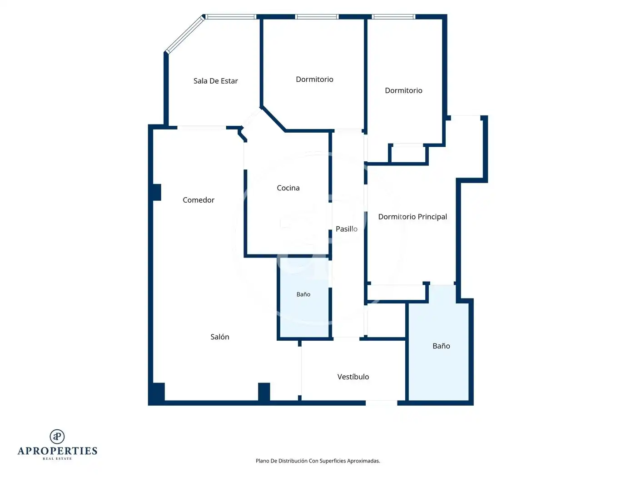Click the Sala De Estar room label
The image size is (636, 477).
tap(216, 81)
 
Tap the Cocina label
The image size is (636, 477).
tap(288, 188)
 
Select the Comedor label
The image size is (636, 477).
tap(199, 200)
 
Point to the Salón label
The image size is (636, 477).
tap(219, 337)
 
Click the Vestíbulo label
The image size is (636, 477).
tap(353, 377)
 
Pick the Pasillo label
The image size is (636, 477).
tap(346, 229)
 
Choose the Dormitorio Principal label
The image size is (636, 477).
tap(412, 217)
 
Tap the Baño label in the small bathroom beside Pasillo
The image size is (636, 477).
tap(303, 294)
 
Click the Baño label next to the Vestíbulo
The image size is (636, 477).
tap(441, 346)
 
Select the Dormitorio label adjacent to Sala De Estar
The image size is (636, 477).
tap(314, 79)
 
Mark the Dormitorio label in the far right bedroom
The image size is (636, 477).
tap(403, 90)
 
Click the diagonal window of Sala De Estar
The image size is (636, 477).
tap(184, 34)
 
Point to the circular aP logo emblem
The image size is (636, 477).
tap(57, 437)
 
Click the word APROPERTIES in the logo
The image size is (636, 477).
tap(57, 451)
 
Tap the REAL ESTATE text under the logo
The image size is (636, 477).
tap(57, 458)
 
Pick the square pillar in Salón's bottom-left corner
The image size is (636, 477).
tap(158, 392)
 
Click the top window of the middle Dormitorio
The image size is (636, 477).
tap(317, 17)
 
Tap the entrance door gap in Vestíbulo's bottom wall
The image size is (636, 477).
tap(381, 403)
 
